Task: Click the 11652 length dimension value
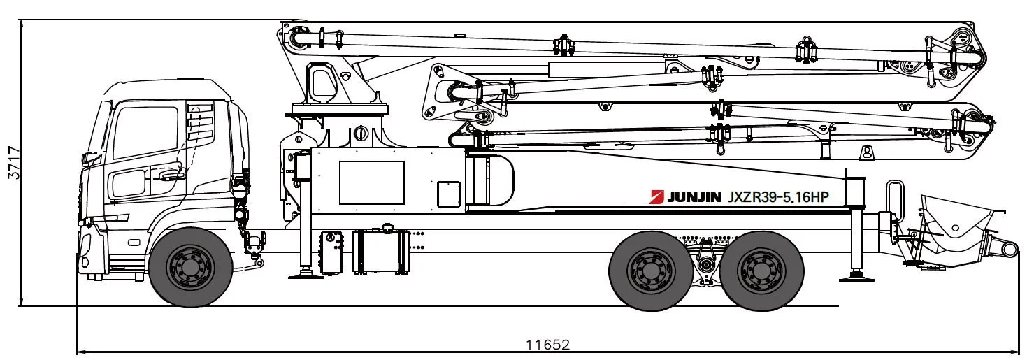point(548,345)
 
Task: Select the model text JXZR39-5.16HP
point(778,197)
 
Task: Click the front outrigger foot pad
point(306,274)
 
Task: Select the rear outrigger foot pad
point(856,275)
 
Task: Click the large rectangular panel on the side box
point(371,182)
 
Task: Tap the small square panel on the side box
point(449,194)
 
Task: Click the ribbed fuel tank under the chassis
point(380,251)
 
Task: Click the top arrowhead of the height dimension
point(21,23)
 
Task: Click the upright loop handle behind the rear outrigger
point(892,199)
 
